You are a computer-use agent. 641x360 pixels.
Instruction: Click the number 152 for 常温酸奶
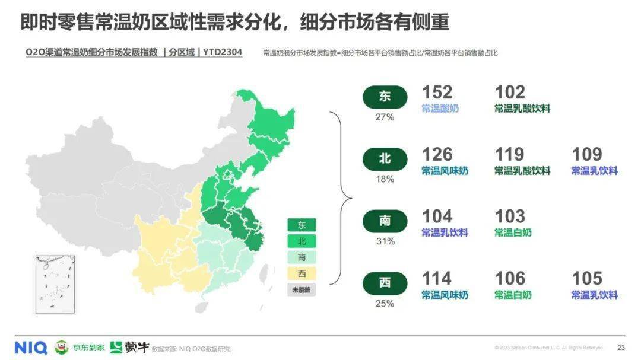(x=437, y=93)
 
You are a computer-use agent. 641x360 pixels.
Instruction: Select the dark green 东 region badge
(x=385, y=97)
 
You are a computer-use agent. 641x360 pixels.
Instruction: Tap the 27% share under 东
(x=385, y=117)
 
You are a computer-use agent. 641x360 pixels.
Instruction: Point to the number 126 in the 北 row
(x=437, y=155)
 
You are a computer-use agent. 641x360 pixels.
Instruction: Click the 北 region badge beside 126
(x=385, y=159)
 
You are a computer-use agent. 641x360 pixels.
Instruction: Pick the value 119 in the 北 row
(x=509, y=155)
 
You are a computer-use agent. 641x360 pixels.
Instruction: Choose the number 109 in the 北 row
(x=586, y=155)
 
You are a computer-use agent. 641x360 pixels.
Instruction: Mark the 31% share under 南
(x=385, y=241)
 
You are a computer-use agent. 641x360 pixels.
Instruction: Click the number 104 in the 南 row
(x=437, y=216)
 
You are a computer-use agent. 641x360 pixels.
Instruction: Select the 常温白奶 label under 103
(x=513, y=232)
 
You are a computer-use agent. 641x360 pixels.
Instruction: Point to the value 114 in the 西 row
(x=437, y=279)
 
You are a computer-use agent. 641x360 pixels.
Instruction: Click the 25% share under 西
(x=385, y=304)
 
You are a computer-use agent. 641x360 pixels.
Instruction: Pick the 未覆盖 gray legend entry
(x=302, y=290)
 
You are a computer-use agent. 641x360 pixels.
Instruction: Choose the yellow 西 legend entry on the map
(x=302, y=274)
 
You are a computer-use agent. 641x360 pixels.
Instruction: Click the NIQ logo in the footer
(x=31, y=348)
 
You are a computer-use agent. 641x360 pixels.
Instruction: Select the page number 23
(x=621, y=348)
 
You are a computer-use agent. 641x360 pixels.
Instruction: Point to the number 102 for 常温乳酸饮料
(x=509, y=93)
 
